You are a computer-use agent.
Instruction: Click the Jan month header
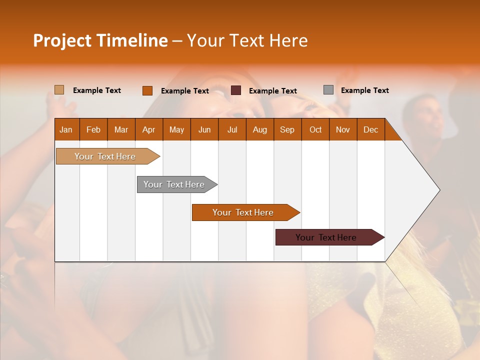(66, 129)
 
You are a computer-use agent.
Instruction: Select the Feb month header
(93, 129)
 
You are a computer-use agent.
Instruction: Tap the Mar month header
(121, 129)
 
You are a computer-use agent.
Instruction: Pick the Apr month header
(149, 129)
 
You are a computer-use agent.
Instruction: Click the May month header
(176, 129)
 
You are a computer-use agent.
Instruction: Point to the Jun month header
(204, 129)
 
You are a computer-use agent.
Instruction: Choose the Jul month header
(232, 129)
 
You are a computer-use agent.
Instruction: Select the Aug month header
(260, 129)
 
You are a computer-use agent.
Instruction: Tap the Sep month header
(287, 129)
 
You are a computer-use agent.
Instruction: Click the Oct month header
(315, 129)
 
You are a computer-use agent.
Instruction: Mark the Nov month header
(343, 129)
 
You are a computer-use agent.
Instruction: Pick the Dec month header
(371, 129)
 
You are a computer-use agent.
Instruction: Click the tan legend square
(59, 90)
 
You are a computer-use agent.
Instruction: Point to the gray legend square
(328, 90)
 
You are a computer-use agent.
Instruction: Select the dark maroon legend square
(236, 90)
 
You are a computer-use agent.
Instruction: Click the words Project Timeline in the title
(100, 40)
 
